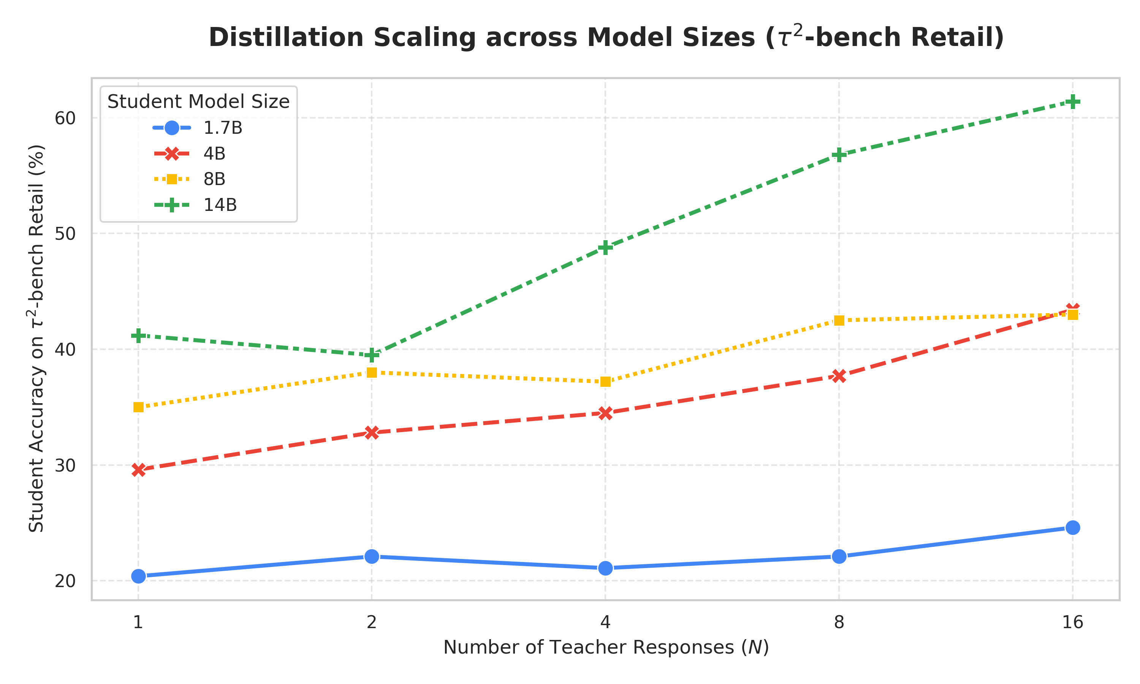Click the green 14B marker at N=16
pyautogui.click(x=1072, y=101)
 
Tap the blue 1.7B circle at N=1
pyautogui.click(x=138, y=576)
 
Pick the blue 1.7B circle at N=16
pyautogui.click(x=1072, y=527)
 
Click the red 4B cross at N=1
pyautogui.click(x=138, y=470)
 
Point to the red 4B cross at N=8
pyautogui.click(x=839, y=376)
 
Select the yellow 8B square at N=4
pyautogui.click(x=605, y=382)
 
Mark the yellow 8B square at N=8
pyautogui.click(x=839, y=320)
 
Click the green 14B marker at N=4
pyautogui.click(x=605, y=247)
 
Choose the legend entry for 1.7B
pyautogui.click(x=197, y=128)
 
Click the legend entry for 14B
pyautogui.click(x=195, y=205)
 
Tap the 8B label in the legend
pyautogui.click(x=214, y=179)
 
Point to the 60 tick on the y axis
pyautogui.click(x=65, y=119)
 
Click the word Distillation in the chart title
pyautogui.click(x=286, y=37)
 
